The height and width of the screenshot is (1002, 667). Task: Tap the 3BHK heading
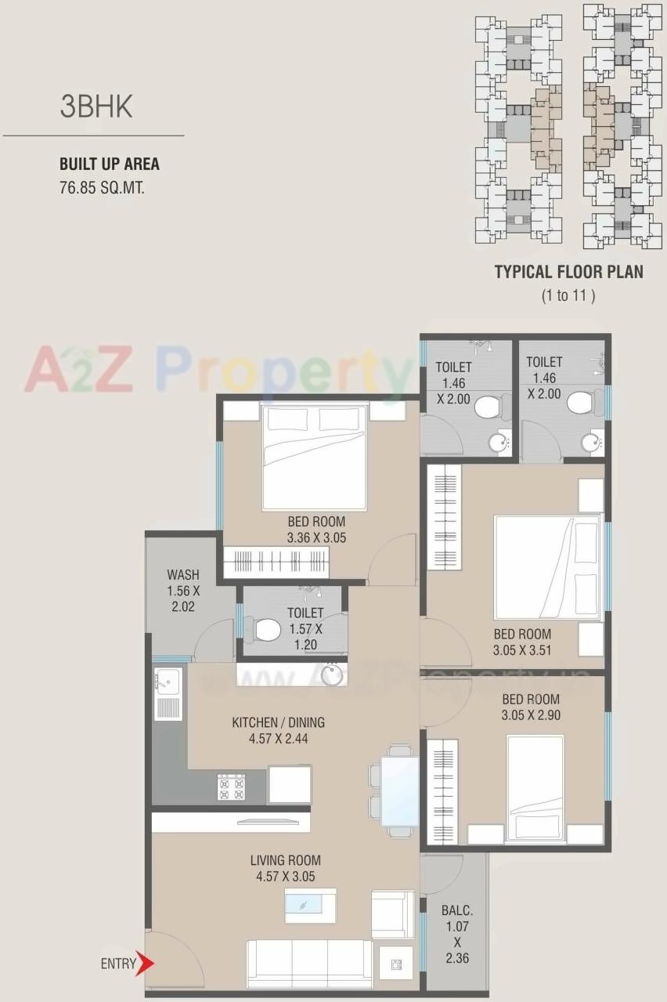(x=96, y=107)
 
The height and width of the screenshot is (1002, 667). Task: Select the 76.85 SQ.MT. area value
(x=102, y=188)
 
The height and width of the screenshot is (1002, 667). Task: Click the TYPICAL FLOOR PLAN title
(x=568, y=273)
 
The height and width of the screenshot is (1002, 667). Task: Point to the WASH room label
(x=182, y=575)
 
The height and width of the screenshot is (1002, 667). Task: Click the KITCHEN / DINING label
(x=278, y=722)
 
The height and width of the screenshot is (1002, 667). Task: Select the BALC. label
(x=456, y=911)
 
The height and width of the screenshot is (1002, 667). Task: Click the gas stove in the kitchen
(x=231, y=787)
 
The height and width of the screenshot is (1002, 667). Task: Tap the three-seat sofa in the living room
(x=310, y=963)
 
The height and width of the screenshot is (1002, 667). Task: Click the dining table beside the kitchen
(x=399, y=790)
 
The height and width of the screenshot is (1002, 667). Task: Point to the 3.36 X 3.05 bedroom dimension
(x=315, y=537)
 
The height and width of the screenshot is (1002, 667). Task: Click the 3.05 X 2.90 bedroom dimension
(x=530, y=715)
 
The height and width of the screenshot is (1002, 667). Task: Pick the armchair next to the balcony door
(x=392, y=913)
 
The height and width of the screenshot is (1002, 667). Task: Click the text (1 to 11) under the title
(x=568, y=295)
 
